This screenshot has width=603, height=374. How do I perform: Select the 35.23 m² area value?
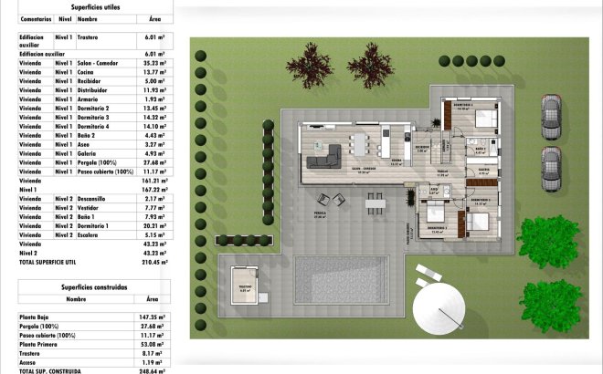pos(152,62)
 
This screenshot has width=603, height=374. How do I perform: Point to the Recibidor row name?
pos(92,80)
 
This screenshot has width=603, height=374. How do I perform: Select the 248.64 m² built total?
pos(152,371)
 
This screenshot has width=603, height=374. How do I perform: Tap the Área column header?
pos(153,18)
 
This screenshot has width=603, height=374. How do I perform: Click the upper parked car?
pos(551,116)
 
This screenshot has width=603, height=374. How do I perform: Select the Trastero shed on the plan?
pos(246,286)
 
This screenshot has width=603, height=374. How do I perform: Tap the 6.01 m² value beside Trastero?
pos(152,37)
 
